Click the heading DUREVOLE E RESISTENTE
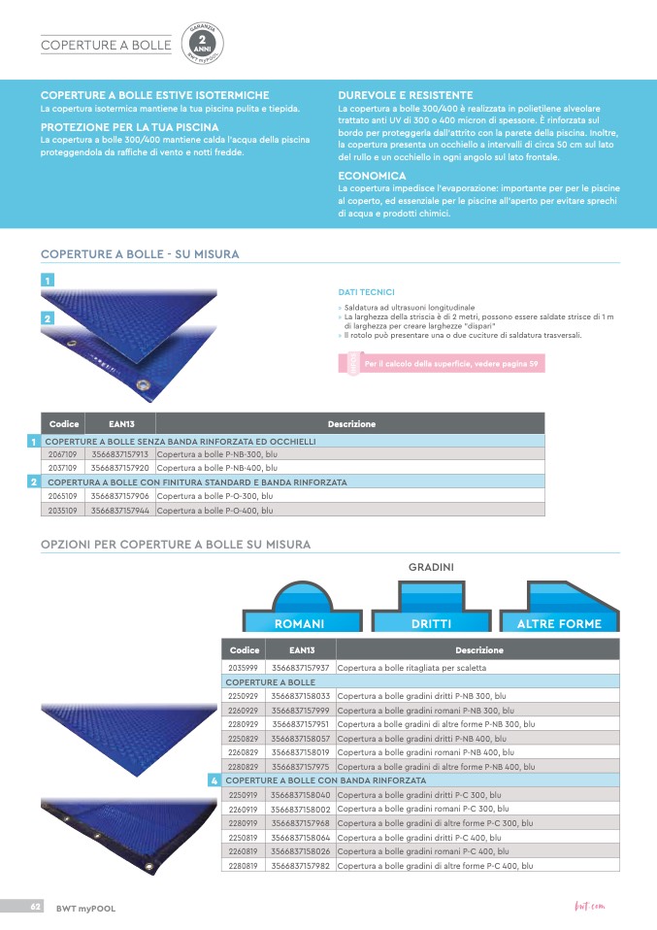(x=405, y=95)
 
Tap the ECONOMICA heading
(x=372, y=176)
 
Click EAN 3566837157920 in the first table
(x=120, y=467)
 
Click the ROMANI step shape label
(x=299, y=623)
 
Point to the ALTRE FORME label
(x=559, y=623)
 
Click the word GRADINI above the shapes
(x=431, y=566)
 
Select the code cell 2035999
(x=243, y=668)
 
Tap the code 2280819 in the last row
(x=243, y=865)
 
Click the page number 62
(x=34, y=906)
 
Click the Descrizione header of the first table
(x=351, y=424)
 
